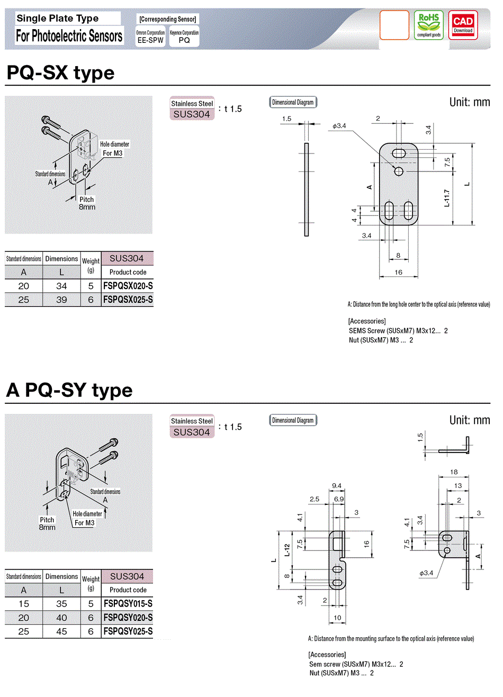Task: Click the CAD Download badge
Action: tap(463, 25)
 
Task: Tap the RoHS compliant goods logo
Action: tap(428, 25)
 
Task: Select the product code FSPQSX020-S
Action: tap(128, 286)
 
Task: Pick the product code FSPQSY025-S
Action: tap(128, 631)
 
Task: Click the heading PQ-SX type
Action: tap(60, 73)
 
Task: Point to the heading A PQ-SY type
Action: tap(69, 391)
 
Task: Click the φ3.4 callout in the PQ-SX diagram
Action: tap(339, 126)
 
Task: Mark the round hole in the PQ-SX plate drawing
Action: tap(399, 171)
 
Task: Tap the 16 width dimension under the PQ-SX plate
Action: tap(398, 272)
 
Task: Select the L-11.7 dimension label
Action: tap(447, 198)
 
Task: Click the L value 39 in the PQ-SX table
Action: tap(61, 300)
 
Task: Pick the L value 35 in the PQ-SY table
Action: tap(61, 604)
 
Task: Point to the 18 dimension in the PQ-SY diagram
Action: tap(454, 472)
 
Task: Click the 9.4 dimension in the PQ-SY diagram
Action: tap(337, 486)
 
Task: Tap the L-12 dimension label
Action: tap(287, 550)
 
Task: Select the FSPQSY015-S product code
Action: tap(128, 604)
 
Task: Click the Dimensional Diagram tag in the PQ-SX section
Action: tap(293, 103)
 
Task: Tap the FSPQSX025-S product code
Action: tap(128, 300)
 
